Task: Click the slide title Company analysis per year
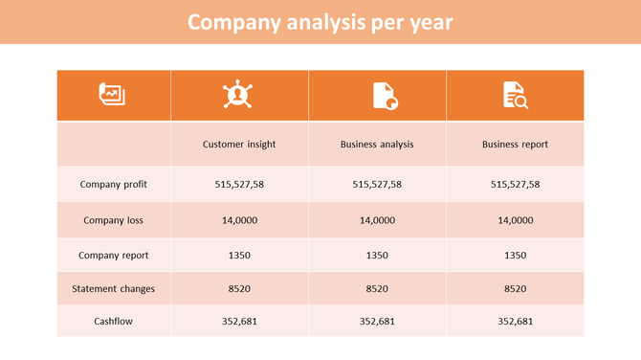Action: (320, 22)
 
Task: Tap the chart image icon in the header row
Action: (113, 95)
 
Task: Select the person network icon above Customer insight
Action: (238, 95)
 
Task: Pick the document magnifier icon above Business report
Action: (515, 95)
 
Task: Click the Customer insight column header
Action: (239, 145)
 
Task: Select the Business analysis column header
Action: (377, 145)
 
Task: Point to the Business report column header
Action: (515, 145)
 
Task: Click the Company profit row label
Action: (113, 184)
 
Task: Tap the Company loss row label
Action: (113, 220)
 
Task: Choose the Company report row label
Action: (113, 256)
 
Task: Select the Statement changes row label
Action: (113, 288)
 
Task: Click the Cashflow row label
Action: (113, 322)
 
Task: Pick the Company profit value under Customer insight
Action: (239, 184)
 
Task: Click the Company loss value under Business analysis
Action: (377, 220)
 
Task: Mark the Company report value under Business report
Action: (515, 256)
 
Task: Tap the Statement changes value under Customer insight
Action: (239, 288)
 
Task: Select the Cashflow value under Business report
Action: (515, 322)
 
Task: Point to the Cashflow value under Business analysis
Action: (377, 322)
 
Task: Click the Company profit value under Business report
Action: (515, 184)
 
